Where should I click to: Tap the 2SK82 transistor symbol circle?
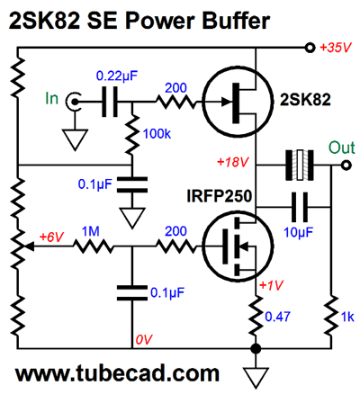(234, 103)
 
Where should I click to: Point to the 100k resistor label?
(157, 133)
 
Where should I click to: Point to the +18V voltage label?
(233, 162)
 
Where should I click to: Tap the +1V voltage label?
(271, 285)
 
